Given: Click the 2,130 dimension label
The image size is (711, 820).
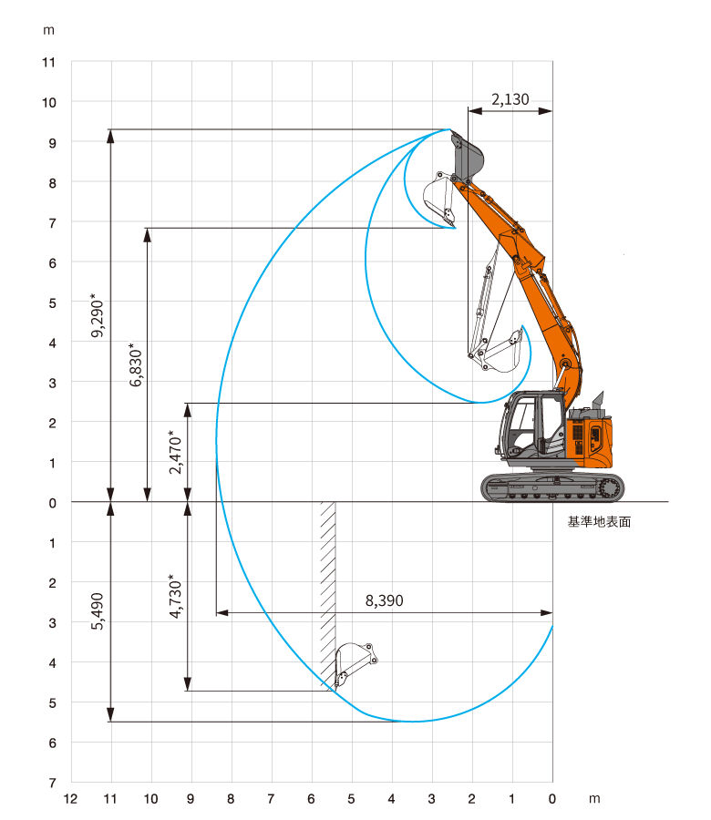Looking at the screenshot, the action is [x=510, y=98].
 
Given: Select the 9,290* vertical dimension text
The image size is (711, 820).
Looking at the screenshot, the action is [x=98, y=315].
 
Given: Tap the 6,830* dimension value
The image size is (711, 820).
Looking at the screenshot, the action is [x=136, y=364].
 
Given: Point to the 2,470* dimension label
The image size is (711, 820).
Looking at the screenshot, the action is [x=175, y=452].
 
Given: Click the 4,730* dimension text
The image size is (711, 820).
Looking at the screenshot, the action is [x=175, y=596].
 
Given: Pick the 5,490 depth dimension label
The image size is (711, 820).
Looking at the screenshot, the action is [x=98, y=611].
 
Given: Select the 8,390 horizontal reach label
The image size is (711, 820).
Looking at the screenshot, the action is [x=385, y=600].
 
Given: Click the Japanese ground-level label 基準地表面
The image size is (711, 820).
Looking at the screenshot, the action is [x=600, y=521].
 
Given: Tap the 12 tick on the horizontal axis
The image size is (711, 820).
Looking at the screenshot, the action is [x=70, y=798].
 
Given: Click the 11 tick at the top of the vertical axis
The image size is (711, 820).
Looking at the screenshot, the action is [x=48, y=63].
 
